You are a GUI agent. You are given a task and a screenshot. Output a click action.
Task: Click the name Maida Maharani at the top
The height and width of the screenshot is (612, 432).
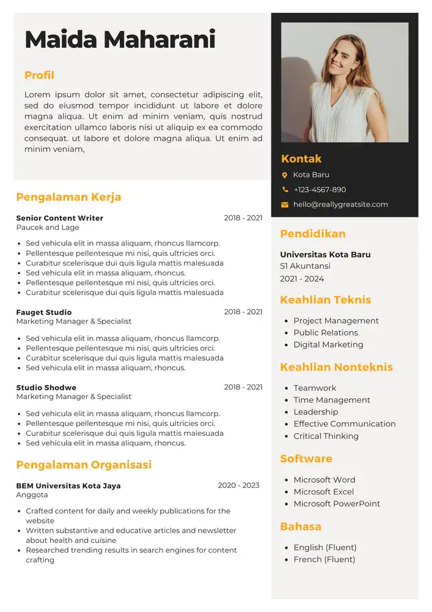[120, 40]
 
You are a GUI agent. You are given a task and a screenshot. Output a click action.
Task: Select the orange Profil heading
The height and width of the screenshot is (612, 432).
[39, 75]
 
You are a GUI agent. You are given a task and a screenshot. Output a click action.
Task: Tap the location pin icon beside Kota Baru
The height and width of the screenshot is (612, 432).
[285, 175]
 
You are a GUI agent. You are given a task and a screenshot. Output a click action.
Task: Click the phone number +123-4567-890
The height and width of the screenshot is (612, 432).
[320, 190]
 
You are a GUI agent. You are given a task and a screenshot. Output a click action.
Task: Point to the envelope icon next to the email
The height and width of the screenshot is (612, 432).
[285, 205]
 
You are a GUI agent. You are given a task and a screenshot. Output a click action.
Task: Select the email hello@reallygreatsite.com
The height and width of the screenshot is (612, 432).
[340, 204]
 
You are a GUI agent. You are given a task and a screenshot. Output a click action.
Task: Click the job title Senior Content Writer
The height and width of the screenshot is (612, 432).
[60, 218]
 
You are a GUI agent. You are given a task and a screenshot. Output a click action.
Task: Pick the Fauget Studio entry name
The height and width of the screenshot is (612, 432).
[44, 312]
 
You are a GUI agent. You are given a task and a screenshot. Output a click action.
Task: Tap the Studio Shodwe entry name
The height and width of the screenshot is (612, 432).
[46, 387]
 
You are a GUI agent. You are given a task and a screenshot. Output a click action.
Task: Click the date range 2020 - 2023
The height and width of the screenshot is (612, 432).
[238, 485]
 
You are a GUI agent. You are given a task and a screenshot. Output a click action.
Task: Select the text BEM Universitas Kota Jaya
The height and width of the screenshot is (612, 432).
[68, 486]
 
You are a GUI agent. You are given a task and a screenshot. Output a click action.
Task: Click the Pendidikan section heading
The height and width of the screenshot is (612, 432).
[313, 234]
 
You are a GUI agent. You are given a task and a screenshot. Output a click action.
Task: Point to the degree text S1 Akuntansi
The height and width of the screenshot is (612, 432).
[305, 266]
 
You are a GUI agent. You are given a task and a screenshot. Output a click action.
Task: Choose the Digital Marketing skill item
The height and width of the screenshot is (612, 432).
[328, 345]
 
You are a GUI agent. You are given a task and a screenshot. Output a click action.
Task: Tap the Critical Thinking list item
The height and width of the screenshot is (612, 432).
[326, 436]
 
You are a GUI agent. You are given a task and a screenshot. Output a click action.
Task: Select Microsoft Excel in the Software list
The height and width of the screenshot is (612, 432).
[323, 492]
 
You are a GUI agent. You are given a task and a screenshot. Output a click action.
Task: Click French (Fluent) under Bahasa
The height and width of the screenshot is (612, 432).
[324, 559]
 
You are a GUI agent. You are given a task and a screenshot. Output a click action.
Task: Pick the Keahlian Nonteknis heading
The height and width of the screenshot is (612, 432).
[336, 367]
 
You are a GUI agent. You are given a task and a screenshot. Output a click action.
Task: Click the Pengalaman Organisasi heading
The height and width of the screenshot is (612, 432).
[84, 465]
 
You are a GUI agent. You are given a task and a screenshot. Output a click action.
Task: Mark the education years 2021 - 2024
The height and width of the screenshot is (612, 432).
[302, 279]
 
